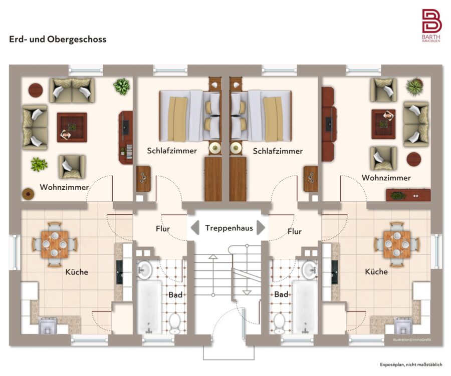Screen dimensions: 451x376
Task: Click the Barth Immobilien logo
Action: pos(431,26)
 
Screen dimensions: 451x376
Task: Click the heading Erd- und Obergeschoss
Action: pos(58,39)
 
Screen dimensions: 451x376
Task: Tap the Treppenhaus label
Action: pos(229,228)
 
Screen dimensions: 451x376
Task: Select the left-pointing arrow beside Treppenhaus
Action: pos(195,228)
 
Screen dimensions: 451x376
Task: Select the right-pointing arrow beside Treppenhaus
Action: pos(261,228)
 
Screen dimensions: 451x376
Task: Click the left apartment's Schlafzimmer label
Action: pos(172,151)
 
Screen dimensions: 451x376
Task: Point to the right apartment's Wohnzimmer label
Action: pos(386,178)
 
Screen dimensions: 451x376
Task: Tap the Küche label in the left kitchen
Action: pos(77,272)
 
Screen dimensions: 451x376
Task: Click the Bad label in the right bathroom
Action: pos(281,294)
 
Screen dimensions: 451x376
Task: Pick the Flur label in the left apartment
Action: pos(163,229)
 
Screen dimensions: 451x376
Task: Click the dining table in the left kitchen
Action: pos(55,244)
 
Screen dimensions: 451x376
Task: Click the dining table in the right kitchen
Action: pos(397,244)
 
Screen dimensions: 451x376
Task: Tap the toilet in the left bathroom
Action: pos(174,323)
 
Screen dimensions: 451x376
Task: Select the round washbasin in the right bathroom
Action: pos(310,270)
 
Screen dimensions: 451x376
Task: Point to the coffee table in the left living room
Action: pos(72,127)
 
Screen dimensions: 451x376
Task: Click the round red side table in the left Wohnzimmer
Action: pos(36,90)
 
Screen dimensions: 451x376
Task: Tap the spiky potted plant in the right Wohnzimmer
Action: pos(414,86)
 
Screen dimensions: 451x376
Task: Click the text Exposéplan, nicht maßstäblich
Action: pos(411,364)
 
